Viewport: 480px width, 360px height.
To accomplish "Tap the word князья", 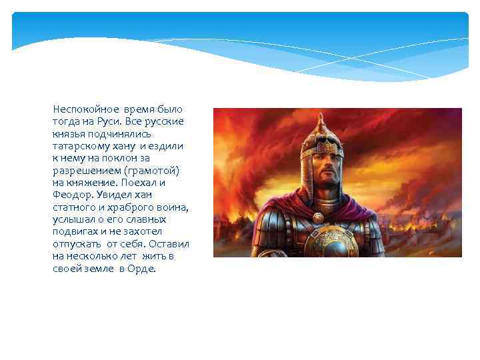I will tap(69, 134).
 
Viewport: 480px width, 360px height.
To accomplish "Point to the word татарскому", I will tap(79, 146).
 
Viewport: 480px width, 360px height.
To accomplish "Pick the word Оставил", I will tap(171, 244).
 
